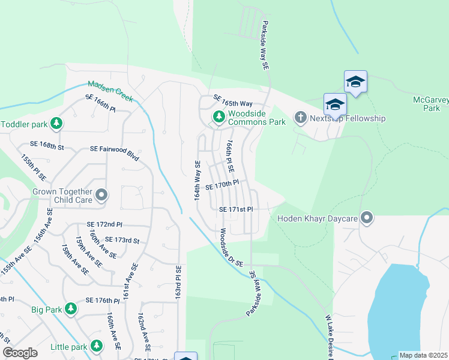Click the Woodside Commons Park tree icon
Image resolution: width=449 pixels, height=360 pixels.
(218, 116)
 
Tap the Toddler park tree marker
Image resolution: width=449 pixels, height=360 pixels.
(56, 124)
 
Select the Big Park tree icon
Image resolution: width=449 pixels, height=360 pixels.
(71, 309)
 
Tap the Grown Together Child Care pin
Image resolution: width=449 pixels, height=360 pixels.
(102, 194)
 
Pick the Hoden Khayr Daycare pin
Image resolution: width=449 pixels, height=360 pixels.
(367, 218)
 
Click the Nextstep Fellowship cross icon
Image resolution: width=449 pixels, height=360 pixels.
(300, 117)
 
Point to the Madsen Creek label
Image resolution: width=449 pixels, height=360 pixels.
(110, 90)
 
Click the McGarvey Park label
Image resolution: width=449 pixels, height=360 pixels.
(431, 104)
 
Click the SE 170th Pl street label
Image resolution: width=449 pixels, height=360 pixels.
(222, 186)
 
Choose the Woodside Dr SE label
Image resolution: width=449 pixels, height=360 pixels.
(230, 247)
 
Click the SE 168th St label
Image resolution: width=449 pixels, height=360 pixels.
(47, 145)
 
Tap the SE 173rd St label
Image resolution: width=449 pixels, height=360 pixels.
(122, 241)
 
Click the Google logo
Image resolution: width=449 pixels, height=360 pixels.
(20, 353)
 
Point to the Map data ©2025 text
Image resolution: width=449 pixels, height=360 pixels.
(424, 355)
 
